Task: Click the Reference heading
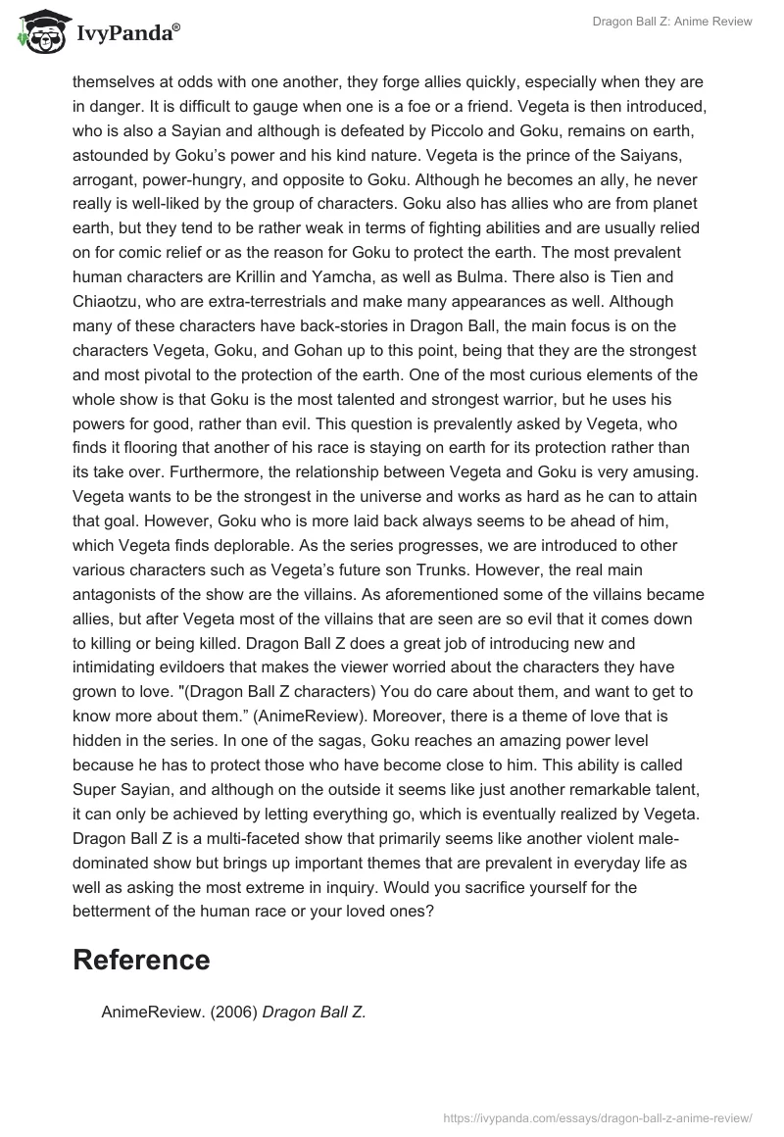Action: click(141, 960)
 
